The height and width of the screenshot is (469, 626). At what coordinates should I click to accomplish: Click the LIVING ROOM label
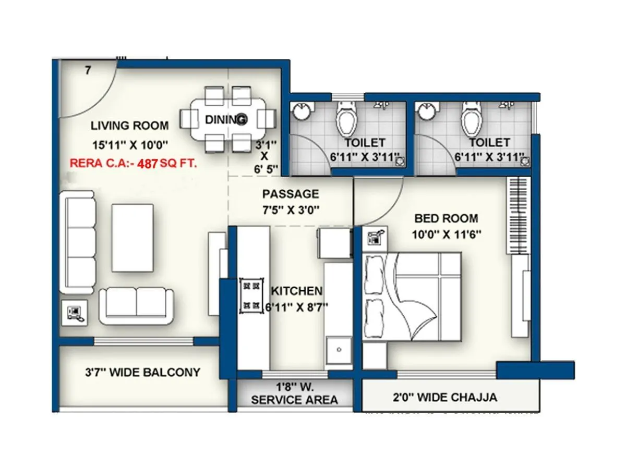pos(129,126)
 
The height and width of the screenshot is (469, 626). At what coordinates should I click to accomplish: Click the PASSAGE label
pos(291,194)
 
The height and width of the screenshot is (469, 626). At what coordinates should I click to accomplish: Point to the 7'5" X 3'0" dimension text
pos(291,210)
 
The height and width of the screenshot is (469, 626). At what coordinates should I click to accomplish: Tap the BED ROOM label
pos(446,218)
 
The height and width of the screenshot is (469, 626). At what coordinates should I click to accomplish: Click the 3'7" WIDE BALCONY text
pos(142,373)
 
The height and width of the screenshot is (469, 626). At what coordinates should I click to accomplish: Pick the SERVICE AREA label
pos(294,400)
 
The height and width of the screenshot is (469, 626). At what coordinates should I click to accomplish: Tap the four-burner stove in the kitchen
pos(251,295)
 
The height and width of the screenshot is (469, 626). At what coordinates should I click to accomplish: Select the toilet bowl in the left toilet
pos(346,119)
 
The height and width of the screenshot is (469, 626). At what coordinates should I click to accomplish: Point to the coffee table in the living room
pos(133,238)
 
